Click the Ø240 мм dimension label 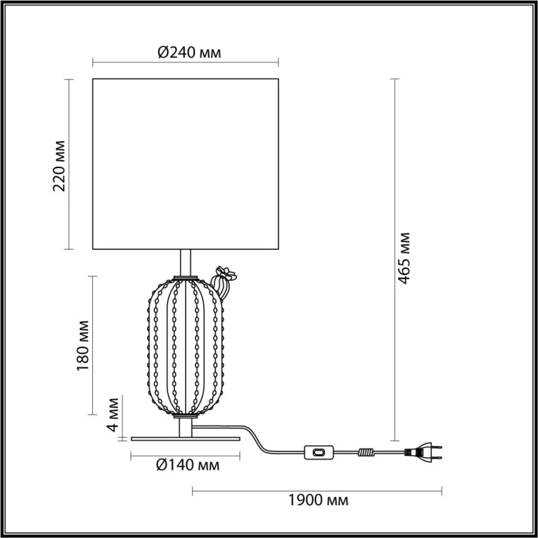pyautogui.click(x=189, y=53)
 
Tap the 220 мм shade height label pyautogui.click(x=59, y=165)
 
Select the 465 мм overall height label pyautogui.click(x=404, y=258)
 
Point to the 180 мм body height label pyautogui.click(x=83, y=346)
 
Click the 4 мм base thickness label pyautogui.click(x=112, y=414)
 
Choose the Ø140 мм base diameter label pyautogui.click(x=188, y=465)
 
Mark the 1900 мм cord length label pyautogui.click(x=318, y=500)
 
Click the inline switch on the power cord pyautogui.click(x=319, y=452)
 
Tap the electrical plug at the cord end pyautogui.click(x=423, y=452)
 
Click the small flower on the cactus pyautogui.click(x=226, y=274)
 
